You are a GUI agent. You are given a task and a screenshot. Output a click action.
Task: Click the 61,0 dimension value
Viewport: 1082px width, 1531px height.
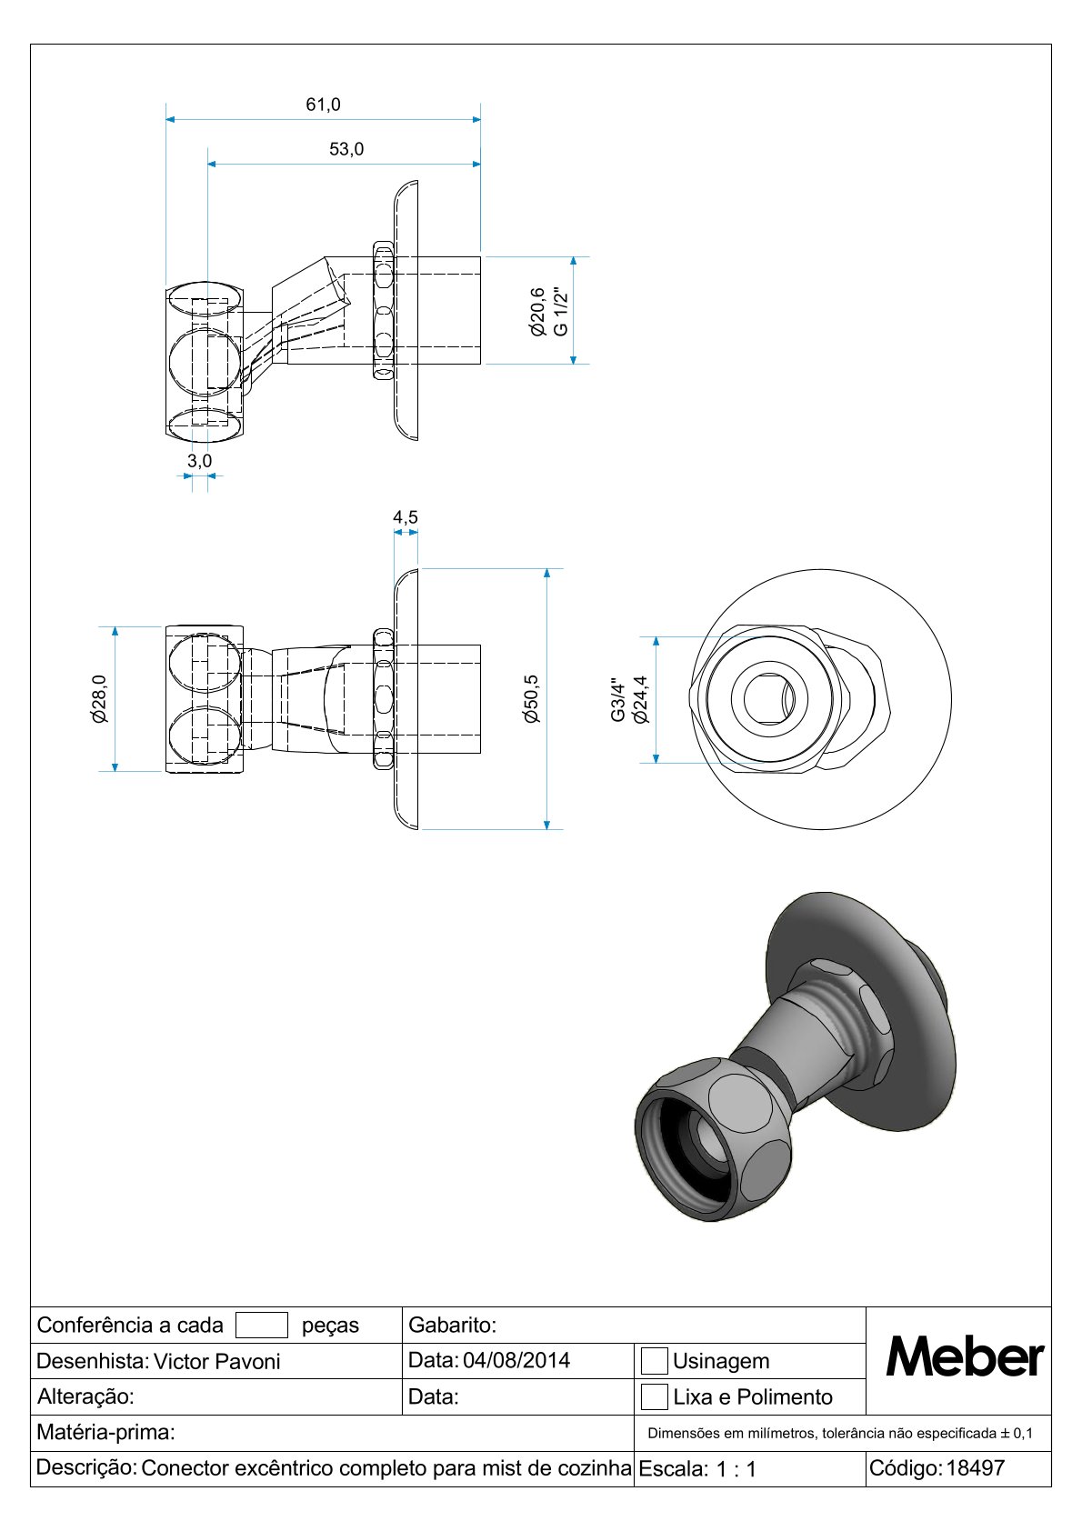(x=323, y=105)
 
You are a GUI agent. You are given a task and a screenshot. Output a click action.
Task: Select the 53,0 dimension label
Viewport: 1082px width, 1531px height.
(x=346, y=149)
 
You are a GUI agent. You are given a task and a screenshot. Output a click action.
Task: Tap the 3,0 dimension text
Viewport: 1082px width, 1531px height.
(x=200, y=461)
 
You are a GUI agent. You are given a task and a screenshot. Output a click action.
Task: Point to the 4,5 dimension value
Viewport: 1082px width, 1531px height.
(x=406, y=516)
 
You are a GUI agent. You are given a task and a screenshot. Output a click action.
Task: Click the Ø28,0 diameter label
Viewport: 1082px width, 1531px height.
(x=99, y=698)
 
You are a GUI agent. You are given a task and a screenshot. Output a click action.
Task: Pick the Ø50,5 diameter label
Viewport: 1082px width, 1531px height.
(x=531, y=698)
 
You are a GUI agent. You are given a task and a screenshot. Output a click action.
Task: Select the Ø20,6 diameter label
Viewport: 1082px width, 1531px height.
(x=538, y=312)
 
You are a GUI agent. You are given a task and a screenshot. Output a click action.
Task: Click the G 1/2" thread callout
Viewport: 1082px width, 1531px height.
(x=560, y=312)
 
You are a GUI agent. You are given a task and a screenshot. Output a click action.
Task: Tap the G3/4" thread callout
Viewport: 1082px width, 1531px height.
(x=618, y=700)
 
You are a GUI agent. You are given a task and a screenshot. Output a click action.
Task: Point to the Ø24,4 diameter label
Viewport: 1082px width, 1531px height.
(x=640, y=699)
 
